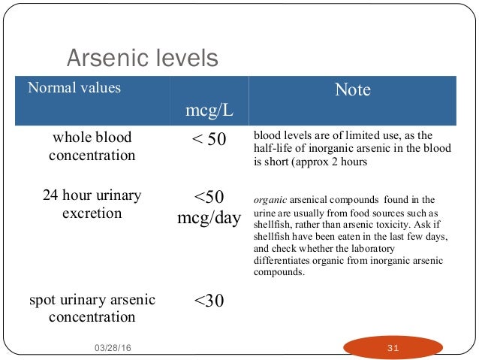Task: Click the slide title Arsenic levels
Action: (143, 58)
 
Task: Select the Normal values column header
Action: (74, 88)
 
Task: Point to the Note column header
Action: (352, 90)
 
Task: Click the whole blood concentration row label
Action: (92, 147)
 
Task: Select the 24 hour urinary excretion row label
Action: (92, 204)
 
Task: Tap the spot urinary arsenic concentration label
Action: (92, 308)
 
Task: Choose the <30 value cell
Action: (209, 301)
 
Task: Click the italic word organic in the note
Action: (267, 201)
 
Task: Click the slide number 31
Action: (392, 347)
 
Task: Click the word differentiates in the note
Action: (283, 261)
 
